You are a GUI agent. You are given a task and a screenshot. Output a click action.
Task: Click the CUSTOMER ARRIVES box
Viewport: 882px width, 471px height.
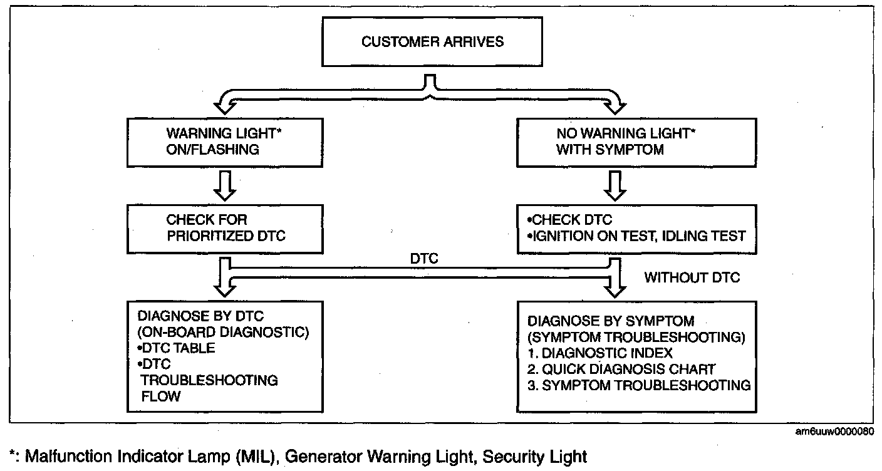tap(433, 43)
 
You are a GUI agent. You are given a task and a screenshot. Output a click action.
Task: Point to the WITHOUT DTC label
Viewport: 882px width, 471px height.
tap(692, 277)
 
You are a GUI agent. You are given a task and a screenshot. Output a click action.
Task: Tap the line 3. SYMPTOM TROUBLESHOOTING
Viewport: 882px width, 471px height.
tap(639, 385)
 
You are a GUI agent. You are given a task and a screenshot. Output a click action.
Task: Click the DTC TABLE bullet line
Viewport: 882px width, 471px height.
tap(172, 348)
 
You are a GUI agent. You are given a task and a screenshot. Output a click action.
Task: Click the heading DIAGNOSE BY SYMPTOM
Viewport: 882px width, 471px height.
tap(611, 321)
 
